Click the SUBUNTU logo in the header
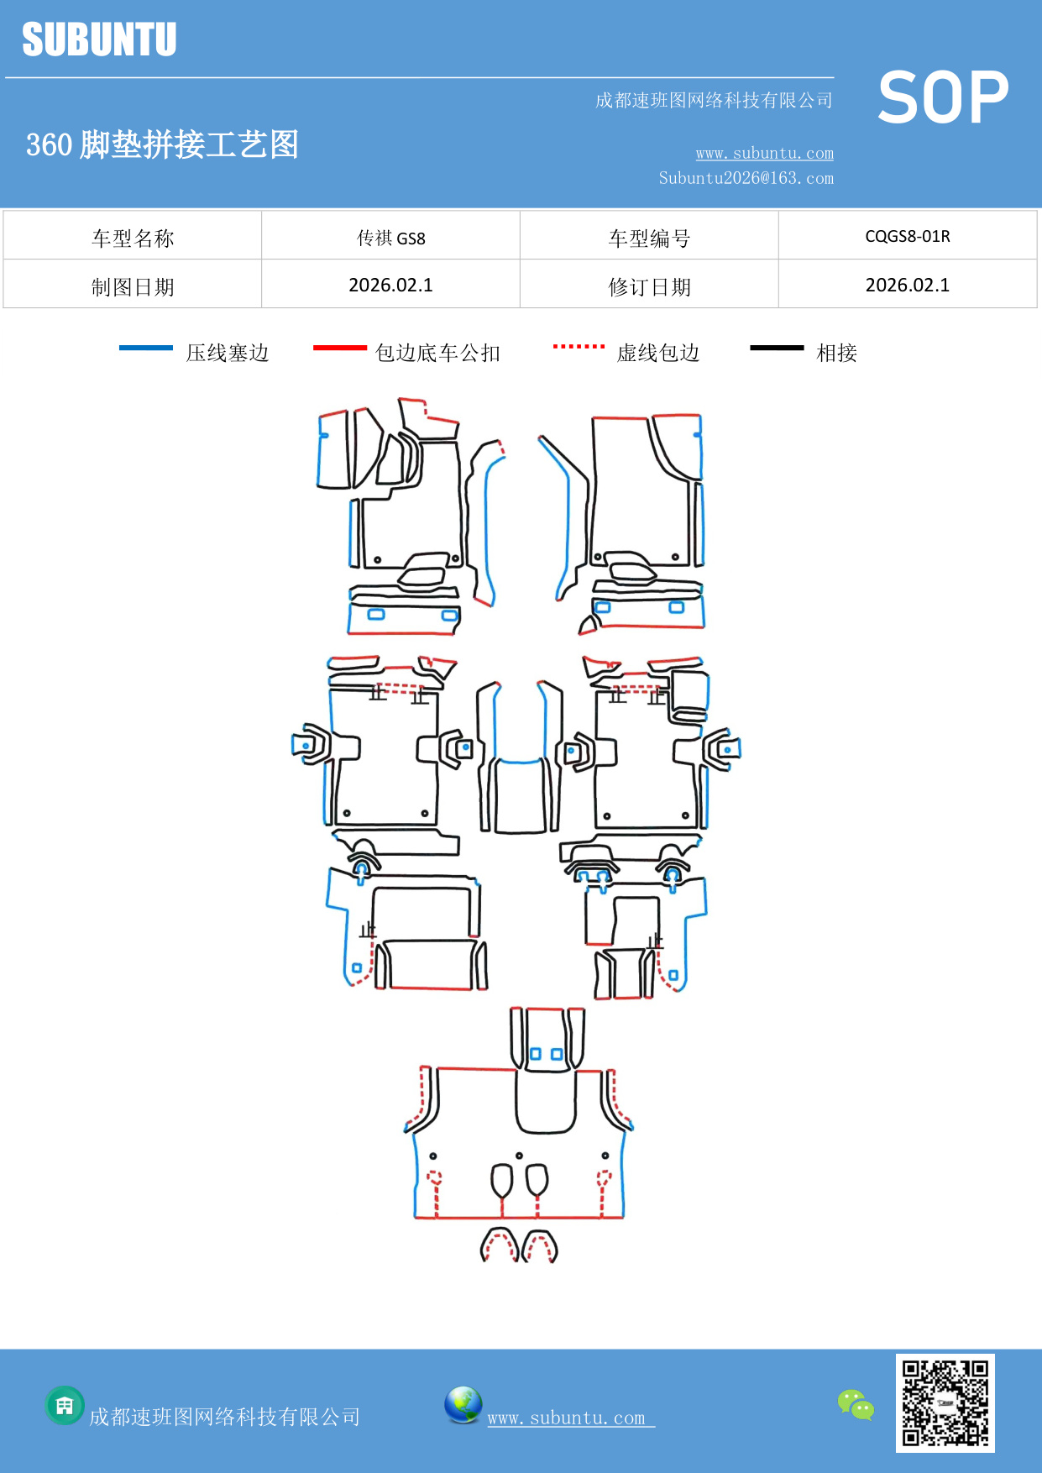[99, 39]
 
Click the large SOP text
[943, 97]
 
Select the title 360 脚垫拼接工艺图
[162, 144]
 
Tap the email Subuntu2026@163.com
[746, 178]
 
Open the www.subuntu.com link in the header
[764, 153]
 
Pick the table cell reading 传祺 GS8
[390, 238]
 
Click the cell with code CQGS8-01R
[907, 236]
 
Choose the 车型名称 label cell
[133, 239]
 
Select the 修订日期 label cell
[649, 287]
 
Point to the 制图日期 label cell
[133, 287]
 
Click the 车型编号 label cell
[649, 239]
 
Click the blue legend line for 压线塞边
[146, 348]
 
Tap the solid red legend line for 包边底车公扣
[339, 348]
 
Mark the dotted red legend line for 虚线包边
[579, 346]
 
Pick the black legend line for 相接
[777, 348]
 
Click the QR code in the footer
[945, 1403]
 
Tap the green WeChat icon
[856, 1405]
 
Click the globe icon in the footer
[463, 1405]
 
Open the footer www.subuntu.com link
[570, 1418]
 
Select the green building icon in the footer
[65, 1405]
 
